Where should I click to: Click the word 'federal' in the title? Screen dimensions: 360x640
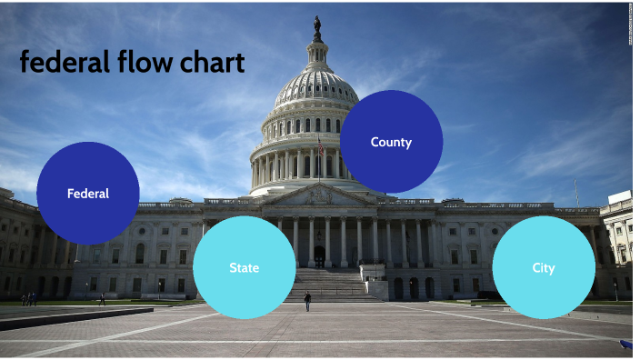(x=65, y=63)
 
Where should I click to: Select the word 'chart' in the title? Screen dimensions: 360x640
(x=214, y=63)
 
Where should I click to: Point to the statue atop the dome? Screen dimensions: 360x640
(x=317, y=26)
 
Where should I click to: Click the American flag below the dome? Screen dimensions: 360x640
(x=320, y=147)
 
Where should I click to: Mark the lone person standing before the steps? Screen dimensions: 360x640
(x=307, y=301)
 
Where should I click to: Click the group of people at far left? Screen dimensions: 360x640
(x=30, y=298)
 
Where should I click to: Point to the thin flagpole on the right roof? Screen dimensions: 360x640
(x=575, y=192)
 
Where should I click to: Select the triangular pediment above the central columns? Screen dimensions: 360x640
(x=317, y=195)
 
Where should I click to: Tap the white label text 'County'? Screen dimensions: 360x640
(x=391, y=142)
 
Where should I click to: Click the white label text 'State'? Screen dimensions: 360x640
(x=244, y=268)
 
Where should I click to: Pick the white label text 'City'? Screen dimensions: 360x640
(x=544, y=268)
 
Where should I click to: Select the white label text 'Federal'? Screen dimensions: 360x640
(x=88, y=194)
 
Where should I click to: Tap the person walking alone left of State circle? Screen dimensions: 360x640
(x=102, y=298)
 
